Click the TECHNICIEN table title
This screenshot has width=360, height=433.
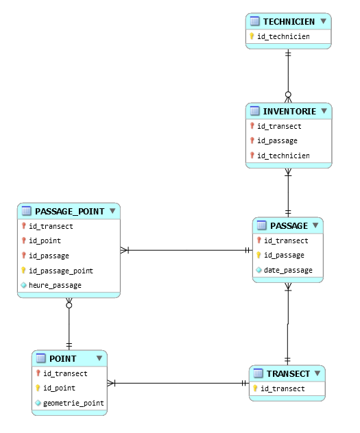[289, 21]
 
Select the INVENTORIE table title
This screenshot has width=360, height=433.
[289, 111]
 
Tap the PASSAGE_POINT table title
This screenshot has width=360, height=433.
[70, 211]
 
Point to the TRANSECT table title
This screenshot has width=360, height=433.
[288, 373]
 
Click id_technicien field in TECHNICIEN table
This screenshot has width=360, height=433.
[283, 36]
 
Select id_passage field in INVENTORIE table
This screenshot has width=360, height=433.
[278, 141]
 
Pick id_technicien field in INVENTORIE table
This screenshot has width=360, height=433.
[283, 156]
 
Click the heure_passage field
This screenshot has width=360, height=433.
[56, 285]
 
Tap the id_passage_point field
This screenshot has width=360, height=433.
[61, 271]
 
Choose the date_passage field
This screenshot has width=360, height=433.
[288, 270]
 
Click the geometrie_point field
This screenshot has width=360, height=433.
[73, 403]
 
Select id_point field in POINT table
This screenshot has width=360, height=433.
[59, 388]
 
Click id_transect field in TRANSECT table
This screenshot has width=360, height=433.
[283, 389]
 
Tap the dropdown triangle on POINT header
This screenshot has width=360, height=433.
[99, 358]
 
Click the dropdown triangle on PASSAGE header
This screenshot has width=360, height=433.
[315, 225]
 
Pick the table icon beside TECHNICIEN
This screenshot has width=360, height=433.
[254, 21]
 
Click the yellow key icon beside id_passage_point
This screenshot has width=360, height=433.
[23, 270]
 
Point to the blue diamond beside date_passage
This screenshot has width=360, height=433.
[259, 270]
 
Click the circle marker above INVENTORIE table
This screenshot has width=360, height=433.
[288, 95]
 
